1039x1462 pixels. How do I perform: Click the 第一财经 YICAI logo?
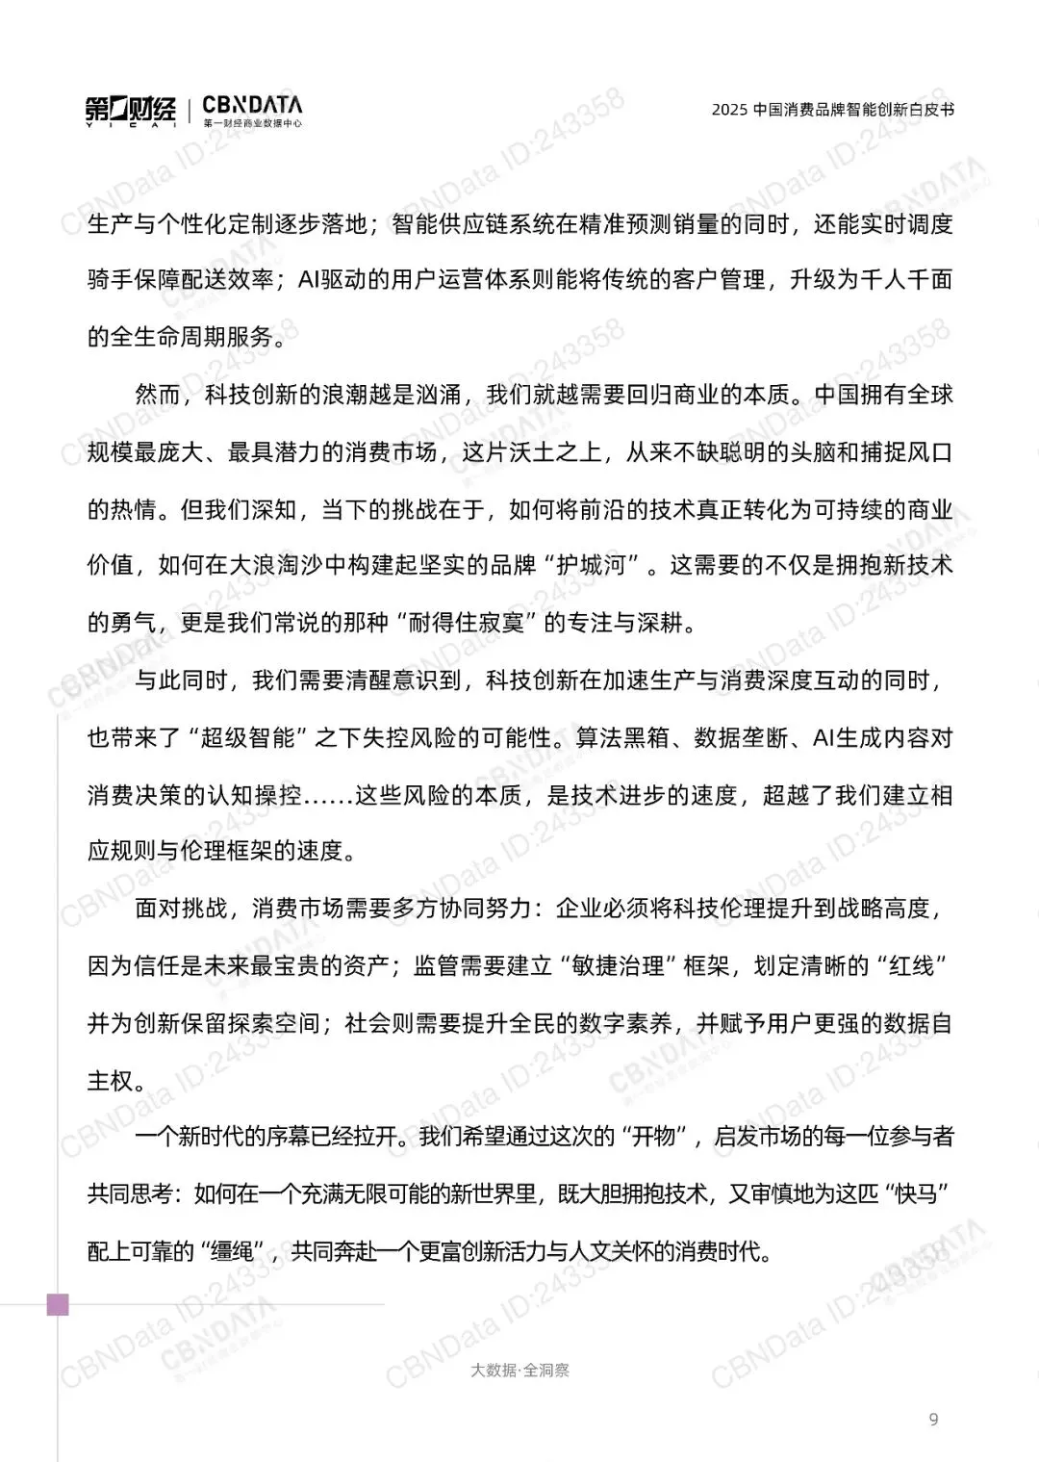pos(131,112)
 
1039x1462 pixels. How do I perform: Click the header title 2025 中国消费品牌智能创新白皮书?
pos(832,110)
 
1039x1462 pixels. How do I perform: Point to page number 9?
pos(933,1419)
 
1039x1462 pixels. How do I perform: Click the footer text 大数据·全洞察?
pos(519,1370)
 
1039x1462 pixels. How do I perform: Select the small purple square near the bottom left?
pos(58,1305)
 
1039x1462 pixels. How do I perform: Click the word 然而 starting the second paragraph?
pos(158,395)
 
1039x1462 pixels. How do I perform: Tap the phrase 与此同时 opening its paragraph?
pos(181,680)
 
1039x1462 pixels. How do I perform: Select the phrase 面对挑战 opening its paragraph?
pos(181,909)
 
